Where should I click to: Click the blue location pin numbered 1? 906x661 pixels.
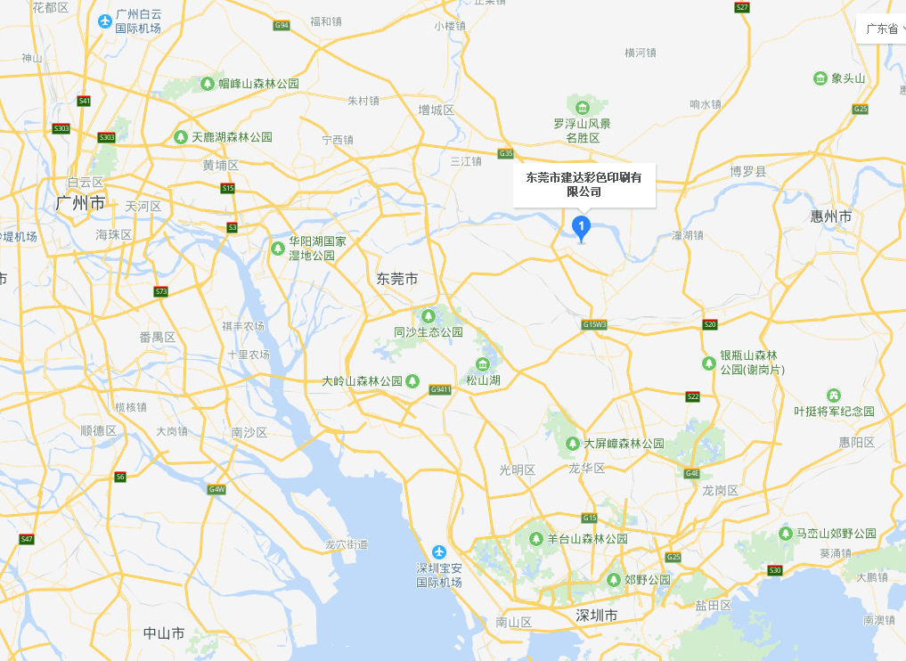(x=582, y=226)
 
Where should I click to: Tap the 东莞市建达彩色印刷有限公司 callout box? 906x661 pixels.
(x=584, y=184)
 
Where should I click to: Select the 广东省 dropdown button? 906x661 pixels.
(x=881, y=29)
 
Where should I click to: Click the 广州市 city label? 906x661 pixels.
(x=80, y=203)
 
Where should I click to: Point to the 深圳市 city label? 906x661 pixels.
(x=597, y=616)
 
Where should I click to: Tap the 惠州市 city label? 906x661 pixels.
(x=831, y=216)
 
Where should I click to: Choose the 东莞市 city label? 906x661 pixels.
(x=397, y=279)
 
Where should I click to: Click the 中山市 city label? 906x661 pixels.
(x=164, y=633)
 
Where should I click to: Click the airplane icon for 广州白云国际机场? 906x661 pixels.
(x=106, y=20)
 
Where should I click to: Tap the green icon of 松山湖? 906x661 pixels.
(x=483, y=364)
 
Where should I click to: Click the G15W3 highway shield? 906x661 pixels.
(x=594, y=324)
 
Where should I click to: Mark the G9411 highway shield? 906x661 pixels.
(x=440, y=389)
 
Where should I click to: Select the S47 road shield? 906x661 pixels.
(x=27, y=539)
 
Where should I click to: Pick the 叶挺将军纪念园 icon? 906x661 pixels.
(x=834, y=396)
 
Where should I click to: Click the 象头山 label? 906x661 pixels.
(x=848, y=78)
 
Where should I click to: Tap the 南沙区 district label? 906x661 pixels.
(x=249, y=432)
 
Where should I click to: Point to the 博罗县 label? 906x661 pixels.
(x=748, y=170)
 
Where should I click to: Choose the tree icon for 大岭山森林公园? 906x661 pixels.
(x=412, y=381)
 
